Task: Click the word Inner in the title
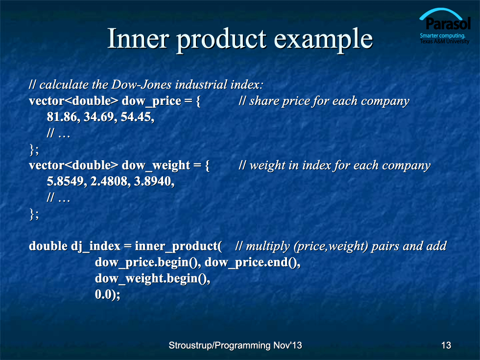[x=138, y=38]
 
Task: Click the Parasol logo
[x=445, y=26]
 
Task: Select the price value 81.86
[x=62, y=117]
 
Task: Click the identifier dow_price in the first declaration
[x=151, y=101]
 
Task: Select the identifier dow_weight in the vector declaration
[x=156, y=166]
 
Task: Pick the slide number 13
[x=446, y=345]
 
